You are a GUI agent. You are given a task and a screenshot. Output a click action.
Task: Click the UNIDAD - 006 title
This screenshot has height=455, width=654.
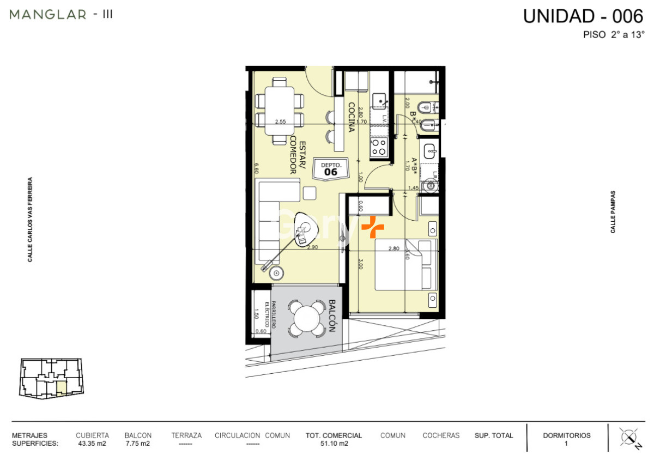tap(583, 16)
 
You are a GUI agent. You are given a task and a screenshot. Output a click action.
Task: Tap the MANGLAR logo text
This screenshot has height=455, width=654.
tap(48, 15)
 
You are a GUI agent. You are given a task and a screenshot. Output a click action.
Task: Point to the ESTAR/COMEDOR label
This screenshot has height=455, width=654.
tap(296, 155)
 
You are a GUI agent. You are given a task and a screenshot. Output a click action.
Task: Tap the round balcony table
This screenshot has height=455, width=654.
tap(307, 318)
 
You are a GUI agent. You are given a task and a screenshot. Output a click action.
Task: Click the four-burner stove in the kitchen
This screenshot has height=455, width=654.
tap(379, 146)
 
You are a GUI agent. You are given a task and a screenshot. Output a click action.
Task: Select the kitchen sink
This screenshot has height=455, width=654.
tap(379, 100)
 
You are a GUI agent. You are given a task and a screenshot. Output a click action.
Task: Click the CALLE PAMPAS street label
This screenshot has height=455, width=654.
tap(613, 212)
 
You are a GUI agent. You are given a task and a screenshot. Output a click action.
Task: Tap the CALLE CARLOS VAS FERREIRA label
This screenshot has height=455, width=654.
tap(31, 219)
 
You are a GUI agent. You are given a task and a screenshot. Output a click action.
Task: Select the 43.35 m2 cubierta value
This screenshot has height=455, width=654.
tap(92, 444)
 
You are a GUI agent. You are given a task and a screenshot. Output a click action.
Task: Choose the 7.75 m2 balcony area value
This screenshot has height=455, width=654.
tap(138, 444)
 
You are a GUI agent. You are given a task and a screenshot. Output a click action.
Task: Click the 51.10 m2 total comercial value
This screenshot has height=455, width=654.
tap(334, 444)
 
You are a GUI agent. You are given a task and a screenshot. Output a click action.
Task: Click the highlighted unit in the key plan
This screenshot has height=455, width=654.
tap(62, 387)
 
